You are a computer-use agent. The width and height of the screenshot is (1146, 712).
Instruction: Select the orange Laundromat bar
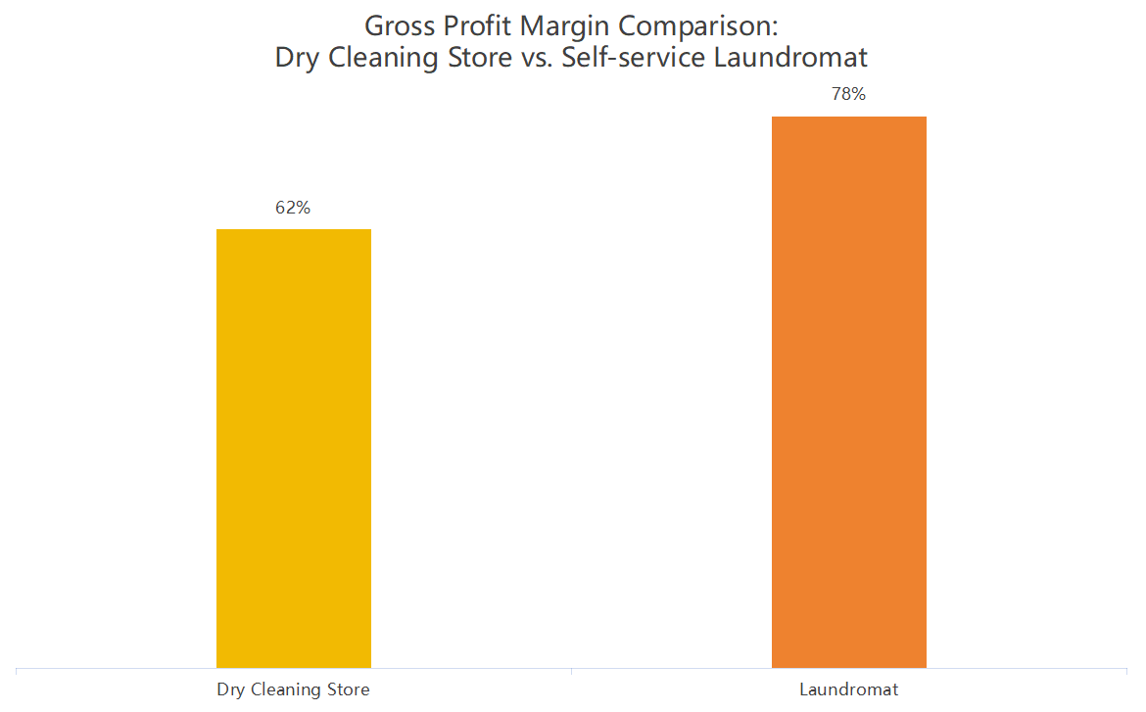pos(848,392)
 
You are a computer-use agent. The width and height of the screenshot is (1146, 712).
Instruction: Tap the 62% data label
pos(293,208)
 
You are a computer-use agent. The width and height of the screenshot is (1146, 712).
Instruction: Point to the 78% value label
pos(848,95)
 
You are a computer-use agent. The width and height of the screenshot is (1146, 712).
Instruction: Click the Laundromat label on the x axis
pos(848,689)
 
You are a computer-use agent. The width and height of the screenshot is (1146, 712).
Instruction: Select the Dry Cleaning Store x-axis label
pos(293,689)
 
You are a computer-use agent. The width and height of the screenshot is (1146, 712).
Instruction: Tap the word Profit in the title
pos(479,24)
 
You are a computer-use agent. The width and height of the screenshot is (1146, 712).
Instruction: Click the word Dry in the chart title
pos(298,58)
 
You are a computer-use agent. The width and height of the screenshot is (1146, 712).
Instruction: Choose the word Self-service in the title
pos(633,58)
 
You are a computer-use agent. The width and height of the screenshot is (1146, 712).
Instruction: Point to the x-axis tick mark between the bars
pos(571,672)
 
